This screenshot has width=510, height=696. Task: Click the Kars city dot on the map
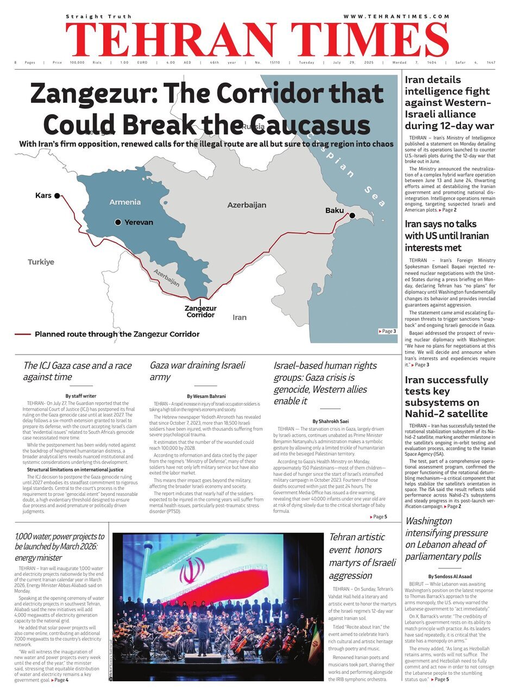(x=57, y=195)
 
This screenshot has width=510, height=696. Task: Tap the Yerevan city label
(x=138, y=222)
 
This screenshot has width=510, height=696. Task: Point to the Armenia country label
(x=125, y=202)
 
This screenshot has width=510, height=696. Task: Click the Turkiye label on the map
(x=41, y=262)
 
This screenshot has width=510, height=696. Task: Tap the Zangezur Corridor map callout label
(x=200, y=312)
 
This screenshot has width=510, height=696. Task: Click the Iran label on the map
(x=239, y=318)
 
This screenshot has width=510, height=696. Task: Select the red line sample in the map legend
(x=22, y=334)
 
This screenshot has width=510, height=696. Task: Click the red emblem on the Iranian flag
(x=192, y=571)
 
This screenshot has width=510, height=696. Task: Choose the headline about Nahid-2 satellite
(x=446, y=396)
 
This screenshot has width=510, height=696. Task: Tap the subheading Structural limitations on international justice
(x=75, y=469)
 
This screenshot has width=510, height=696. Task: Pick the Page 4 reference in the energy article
(x=61, y=680)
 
